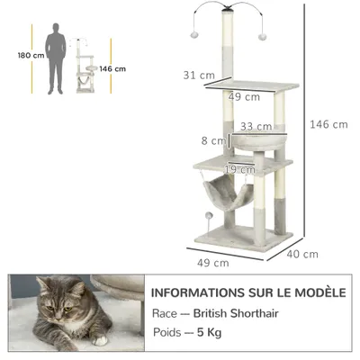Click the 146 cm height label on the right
pyautogui.click(x=330, y=124)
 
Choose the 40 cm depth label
pyautogui.click(x=303, y=254)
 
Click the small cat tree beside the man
pyautogui.click(x=86, y=67)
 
